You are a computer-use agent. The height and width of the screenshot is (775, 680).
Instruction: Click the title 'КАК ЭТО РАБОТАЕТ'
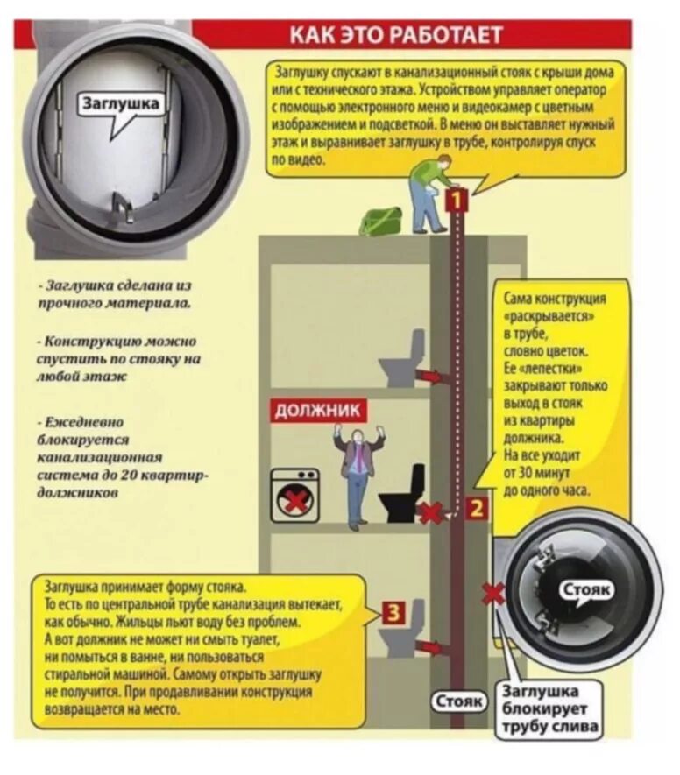tap(396, 35)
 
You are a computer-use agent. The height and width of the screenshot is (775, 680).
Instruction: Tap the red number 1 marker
tap(456, 201)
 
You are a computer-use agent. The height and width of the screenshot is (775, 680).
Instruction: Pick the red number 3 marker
tap(395, 613)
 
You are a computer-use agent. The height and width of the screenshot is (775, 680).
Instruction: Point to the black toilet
tap(403, 497)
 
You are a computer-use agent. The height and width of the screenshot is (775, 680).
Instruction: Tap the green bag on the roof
tap(381, 222)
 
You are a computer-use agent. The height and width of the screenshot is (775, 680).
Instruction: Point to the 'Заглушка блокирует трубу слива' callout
tap(550, 709)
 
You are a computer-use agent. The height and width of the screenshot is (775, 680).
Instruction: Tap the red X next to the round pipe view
tap(493, 595)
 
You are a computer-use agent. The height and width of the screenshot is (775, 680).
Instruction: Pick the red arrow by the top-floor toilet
tap(430, 376)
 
